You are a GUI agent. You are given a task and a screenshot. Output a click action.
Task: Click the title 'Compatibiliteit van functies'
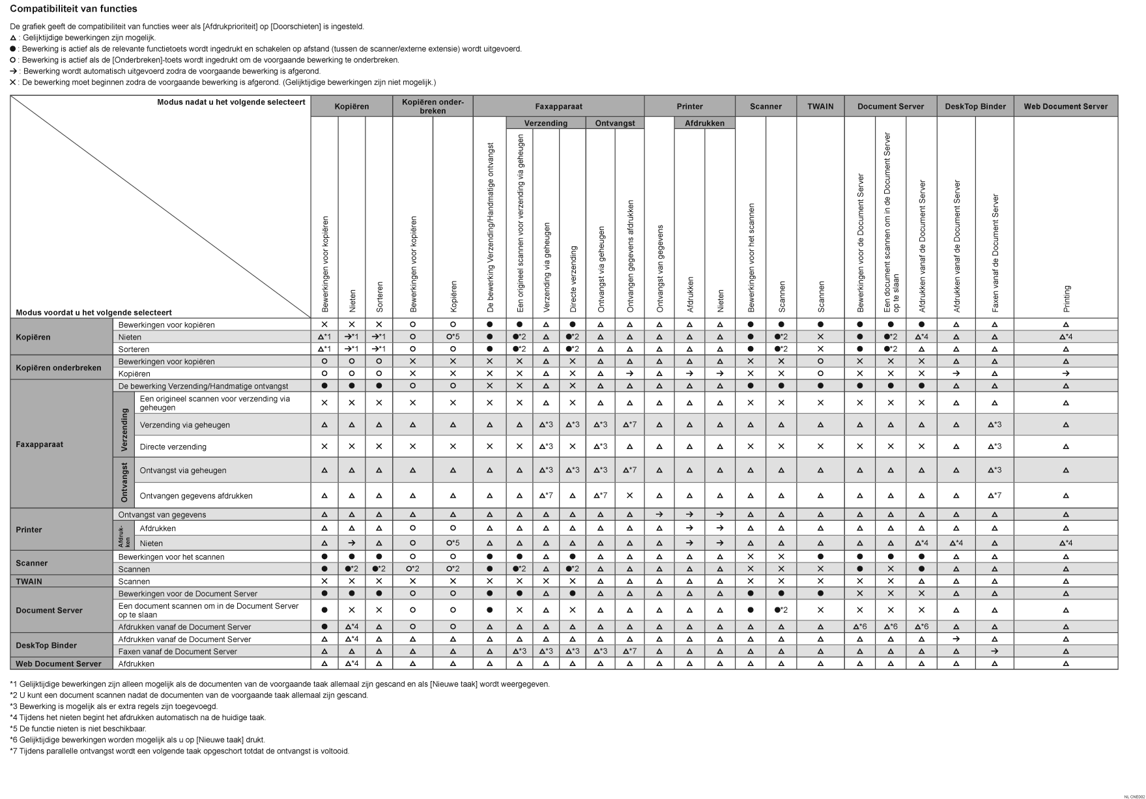(74, 9)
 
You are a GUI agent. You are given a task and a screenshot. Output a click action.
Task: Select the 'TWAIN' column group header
(820, 106)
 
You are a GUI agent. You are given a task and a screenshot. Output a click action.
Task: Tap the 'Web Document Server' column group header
(1065, 106)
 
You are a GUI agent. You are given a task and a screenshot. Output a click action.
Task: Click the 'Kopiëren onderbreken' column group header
(433, 106)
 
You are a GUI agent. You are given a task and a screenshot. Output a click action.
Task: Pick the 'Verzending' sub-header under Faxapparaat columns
(545, 123)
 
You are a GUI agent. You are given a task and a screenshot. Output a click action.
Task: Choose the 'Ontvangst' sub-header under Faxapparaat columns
(614, 123)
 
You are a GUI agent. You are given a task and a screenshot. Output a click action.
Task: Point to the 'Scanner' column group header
(766, 106)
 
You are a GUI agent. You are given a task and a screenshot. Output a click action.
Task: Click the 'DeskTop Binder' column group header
(975, 106)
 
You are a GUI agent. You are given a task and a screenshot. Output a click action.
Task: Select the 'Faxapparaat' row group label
(39, 444)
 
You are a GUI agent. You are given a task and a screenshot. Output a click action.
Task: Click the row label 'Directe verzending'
(173, 447)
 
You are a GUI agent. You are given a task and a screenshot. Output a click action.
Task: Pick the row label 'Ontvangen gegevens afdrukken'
(196, 496)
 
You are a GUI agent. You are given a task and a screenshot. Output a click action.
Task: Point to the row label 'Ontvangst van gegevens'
(162, 515)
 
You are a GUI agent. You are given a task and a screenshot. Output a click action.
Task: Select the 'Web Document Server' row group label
(59, 664)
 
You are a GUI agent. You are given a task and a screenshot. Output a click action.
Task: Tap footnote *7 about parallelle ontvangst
(179, 751)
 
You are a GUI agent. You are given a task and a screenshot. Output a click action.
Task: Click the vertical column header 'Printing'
(1067, 299)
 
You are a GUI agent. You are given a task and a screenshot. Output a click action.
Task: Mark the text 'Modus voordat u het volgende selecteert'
(94, 313)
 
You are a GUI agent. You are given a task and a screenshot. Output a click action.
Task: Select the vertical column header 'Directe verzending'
(573, 279)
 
